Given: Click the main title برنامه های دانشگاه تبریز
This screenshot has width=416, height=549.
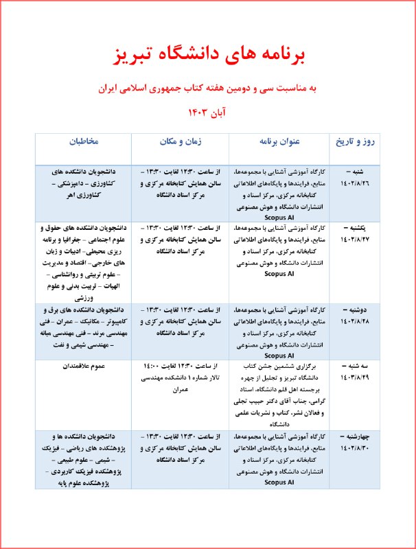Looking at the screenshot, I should coord(207,53).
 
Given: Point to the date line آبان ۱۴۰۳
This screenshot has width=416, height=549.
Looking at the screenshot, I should coord(207,111).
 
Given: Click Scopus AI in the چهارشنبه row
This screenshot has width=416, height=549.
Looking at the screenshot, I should coord(279,482).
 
